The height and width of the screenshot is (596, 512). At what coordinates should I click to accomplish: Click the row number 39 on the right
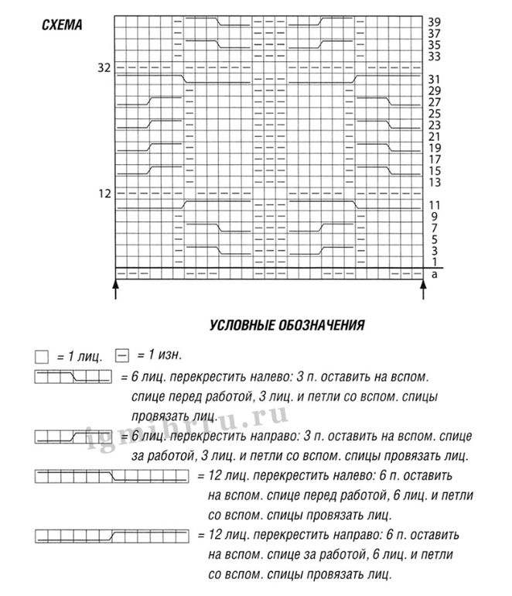tap(434, 22)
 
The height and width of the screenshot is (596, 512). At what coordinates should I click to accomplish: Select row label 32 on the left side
tap(104, 68)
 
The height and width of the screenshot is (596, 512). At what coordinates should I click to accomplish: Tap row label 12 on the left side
tap(104, 193)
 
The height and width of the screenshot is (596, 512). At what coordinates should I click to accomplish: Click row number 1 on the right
tap(434, 262)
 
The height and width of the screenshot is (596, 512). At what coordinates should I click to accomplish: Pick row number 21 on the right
tap(434, 136)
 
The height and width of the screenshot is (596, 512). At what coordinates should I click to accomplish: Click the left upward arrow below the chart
tap(116, 289)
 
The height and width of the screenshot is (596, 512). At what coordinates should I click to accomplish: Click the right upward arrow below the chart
tap(424, 289)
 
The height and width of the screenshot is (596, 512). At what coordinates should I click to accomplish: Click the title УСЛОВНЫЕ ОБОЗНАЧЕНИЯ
tap(286, 326)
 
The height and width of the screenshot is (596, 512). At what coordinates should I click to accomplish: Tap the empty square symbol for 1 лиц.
tap(42, 358)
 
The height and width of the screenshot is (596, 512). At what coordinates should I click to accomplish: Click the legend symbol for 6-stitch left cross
tap(73, 378)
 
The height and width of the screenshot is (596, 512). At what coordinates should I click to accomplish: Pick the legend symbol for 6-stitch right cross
tap(73, 437)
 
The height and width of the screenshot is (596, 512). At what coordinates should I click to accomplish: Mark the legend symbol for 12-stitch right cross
tap(111, 535)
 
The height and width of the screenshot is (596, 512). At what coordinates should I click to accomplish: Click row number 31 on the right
tap(434, 79)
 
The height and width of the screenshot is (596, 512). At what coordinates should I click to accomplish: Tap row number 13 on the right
tap(434, 182)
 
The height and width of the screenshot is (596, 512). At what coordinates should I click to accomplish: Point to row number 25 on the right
tap(434, 113)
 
